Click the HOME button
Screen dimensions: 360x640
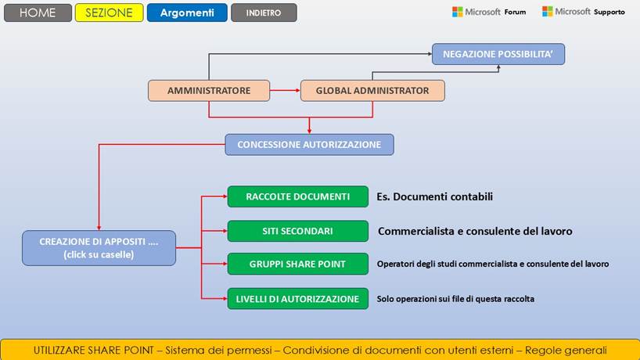tap(37, 13)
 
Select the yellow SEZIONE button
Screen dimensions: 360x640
tap(109, 13)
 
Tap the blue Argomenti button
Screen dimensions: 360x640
tap(187, 13)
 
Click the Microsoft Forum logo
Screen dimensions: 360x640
tap(488, 12)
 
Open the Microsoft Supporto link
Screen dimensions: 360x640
tap(583, 12)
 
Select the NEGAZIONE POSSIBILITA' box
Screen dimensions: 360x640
tap(498, 54)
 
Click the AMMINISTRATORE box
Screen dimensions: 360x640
tap(209, 91)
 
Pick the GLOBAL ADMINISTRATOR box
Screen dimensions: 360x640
tap(372, 91)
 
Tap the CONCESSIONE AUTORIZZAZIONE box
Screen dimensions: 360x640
tap(309, 145)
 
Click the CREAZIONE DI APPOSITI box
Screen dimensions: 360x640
tap(99, 248)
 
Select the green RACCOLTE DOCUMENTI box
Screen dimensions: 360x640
tap(297, 196)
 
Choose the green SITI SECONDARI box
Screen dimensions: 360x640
tap(297, 231)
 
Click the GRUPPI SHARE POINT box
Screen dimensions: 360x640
tap(297, 264)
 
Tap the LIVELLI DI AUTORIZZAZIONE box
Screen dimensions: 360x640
tap(297, 298)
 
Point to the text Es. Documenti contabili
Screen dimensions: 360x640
tap(434, 196)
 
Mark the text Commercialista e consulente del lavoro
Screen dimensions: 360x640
tap(475, 232)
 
